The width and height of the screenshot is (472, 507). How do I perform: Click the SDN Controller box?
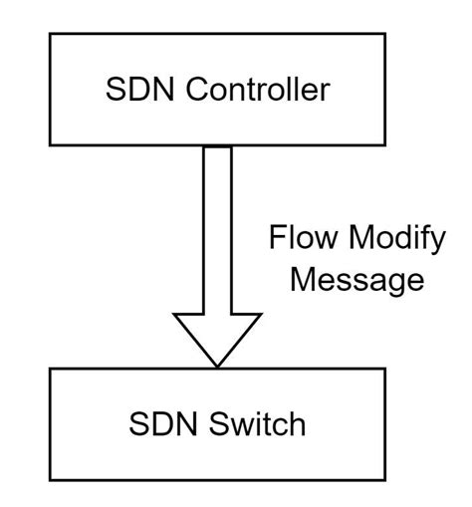tap(217, 90)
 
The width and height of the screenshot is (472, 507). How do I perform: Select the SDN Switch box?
tap(217, 425)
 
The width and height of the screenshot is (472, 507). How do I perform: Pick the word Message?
tap(355, 281)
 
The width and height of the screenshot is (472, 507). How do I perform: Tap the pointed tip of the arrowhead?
tap(217, 366)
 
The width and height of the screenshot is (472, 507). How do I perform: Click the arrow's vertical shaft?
tap(217, 229)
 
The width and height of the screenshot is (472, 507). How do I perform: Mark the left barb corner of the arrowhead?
tap(174, 315)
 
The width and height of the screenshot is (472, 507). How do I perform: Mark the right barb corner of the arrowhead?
tap(261, 315)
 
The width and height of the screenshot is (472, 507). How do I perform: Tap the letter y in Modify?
tap(436, 245)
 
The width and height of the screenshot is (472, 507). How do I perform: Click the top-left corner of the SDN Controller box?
tap(51, 34)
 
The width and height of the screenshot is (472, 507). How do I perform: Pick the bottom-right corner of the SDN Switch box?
tap(384, 481)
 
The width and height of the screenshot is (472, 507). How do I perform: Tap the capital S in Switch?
tap(217, 425)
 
